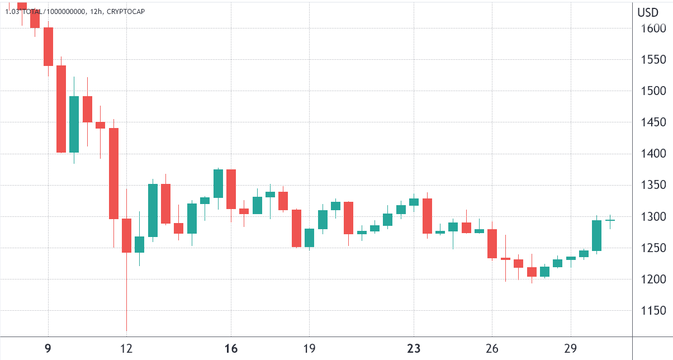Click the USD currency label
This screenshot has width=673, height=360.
point(648,12)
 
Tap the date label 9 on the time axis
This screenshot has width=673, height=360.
point(48,349)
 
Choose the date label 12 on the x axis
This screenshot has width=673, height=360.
point(126,349)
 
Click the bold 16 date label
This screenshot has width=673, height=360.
point(231,349)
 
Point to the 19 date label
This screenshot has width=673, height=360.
point(309,349)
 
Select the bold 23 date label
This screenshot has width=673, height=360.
point(414,349)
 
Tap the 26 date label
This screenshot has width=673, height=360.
point(492,349)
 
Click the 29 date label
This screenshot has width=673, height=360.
point(570,349)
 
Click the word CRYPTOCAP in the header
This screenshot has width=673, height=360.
point(126,11)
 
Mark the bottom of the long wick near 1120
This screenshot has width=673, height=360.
point(126,330)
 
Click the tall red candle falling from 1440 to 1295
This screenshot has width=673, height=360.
point(113,173)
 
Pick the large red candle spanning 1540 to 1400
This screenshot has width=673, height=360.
point(61,109)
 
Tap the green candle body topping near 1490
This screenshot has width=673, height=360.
point(74,124)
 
